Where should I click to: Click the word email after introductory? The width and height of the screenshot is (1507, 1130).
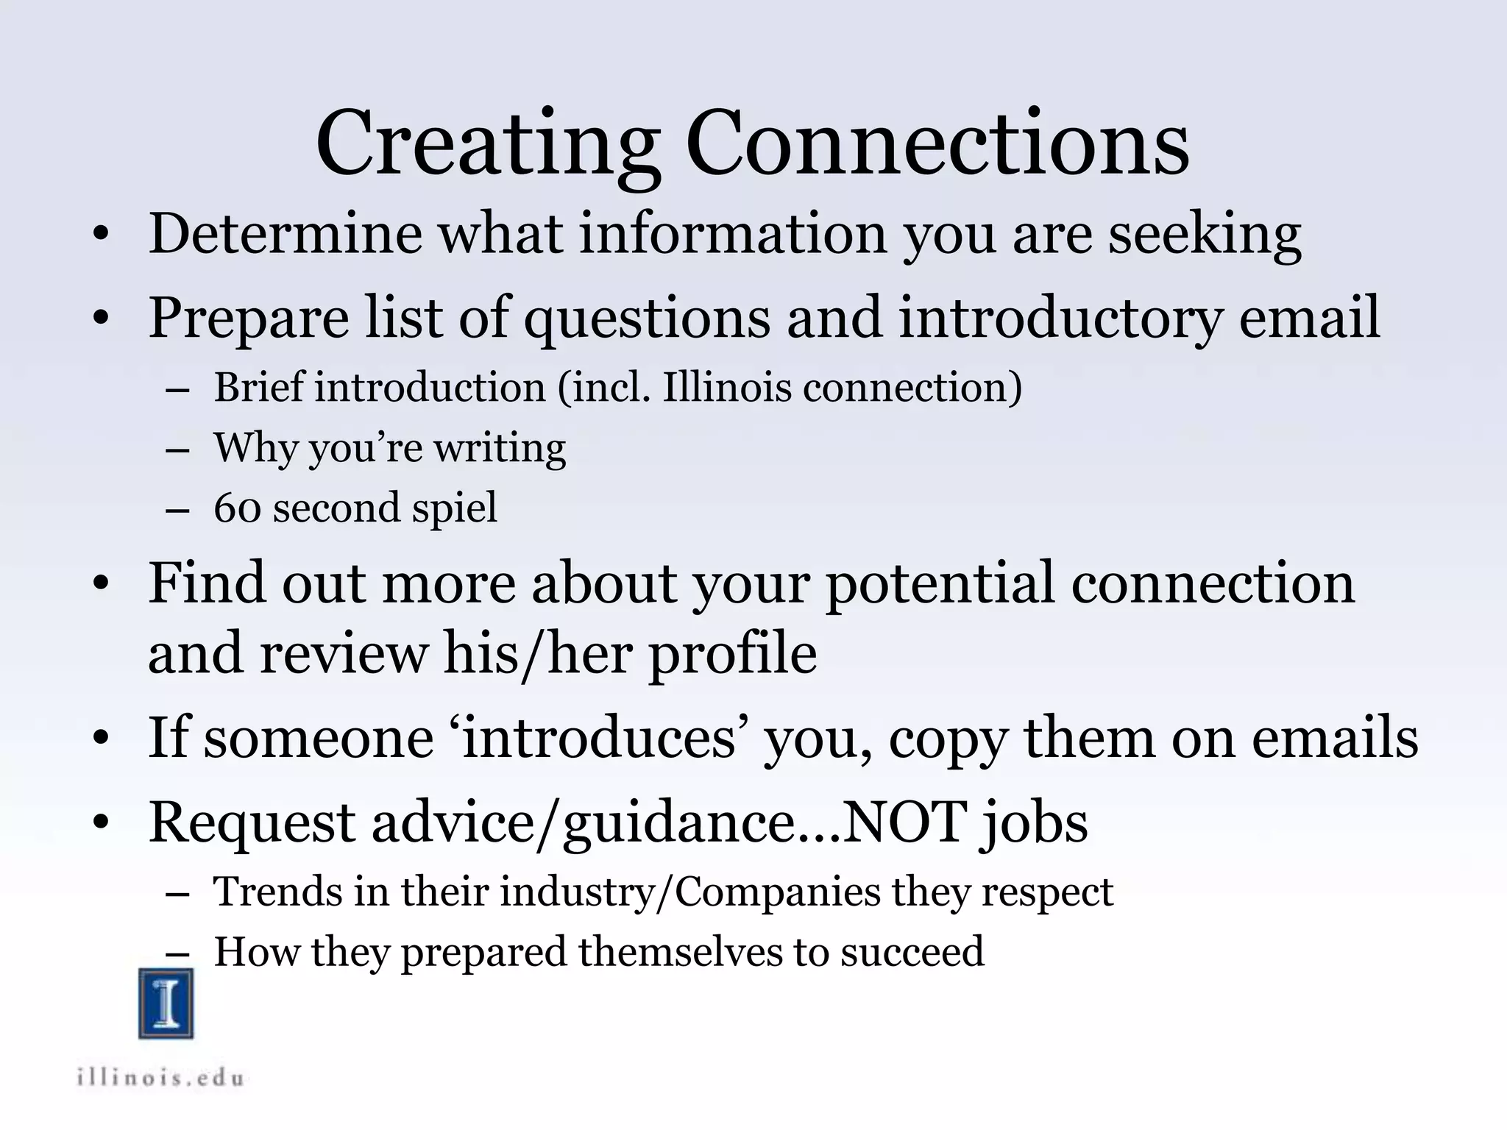tap(1309, 318)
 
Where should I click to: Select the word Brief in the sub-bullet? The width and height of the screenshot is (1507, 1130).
tap(258, 387)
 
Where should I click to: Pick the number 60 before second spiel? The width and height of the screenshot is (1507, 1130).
tap(237, 508)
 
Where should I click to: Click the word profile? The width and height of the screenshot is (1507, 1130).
tap(732, 655)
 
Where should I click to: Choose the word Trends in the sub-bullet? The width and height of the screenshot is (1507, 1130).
tap(277, 892)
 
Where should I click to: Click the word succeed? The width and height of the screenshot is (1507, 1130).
tap(912, 952)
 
